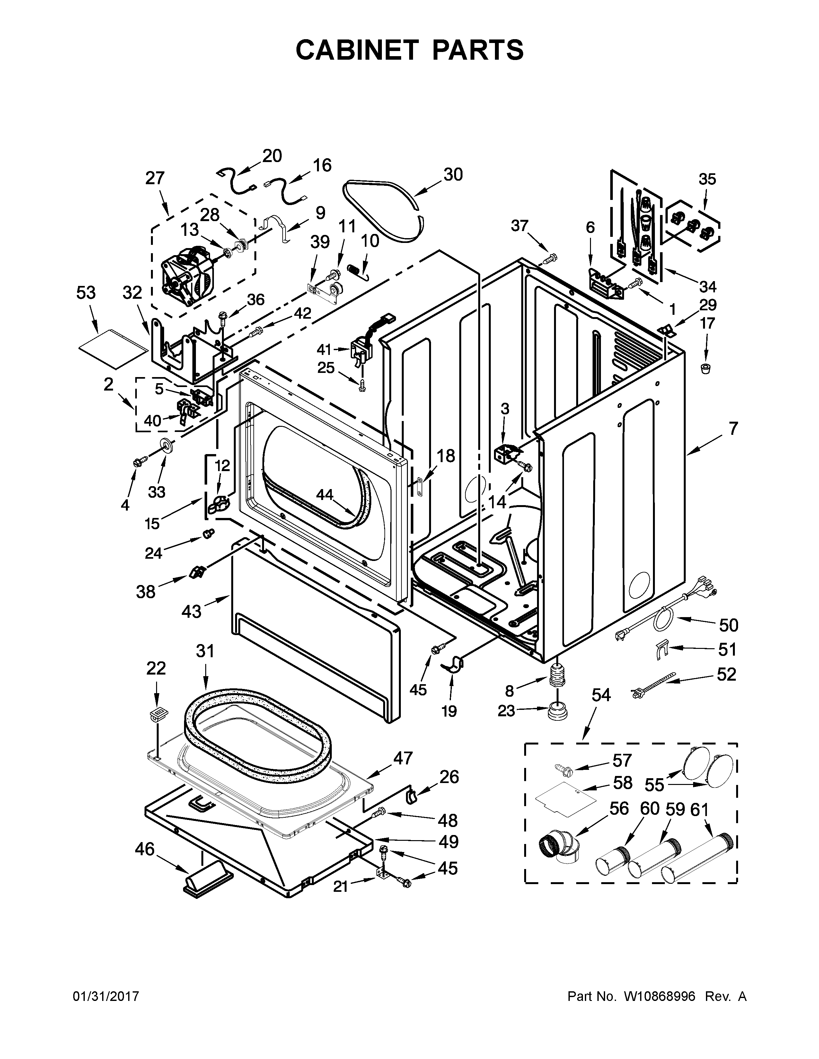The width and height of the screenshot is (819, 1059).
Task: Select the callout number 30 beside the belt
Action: click(x=453, y=175)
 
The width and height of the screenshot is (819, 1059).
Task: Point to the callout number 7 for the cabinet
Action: click(x=733, y=429)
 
